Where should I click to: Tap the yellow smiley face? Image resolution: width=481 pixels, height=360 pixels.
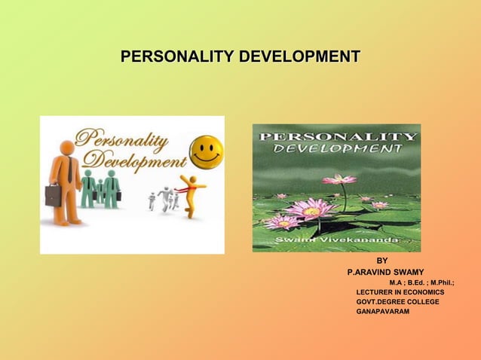[x=205, y=151]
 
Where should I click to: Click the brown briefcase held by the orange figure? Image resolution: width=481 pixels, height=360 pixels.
[x=52, y=196]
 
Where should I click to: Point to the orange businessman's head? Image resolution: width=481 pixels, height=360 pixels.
[x=67, y=148]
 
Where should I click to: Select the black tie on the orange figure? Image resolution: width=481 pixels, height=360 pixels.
[x=69, y=170]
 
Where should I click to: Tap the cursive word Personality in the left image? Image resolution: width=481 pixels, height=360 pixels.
[x=124, y=139]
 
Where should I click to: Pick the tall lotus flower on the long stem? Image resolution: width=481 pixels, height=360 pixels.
[x=339, y=179]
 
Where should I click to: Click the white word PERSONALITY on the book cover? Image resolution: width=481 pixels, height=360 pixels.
[x=337, y=136]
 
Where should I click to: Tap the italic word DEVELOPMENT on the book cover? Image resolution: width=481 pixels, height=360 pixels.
[x=336, y=149]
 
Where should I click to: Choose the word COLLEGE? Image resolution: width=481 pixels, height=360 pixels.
[x=421, y=301]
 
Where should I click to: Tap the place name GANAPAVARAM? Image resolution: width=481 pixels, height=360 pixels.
[x=383, y=311]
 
